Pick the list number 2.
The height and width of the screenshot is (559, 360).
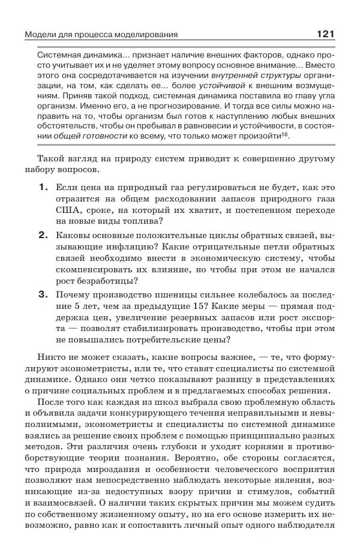tap(43, 235)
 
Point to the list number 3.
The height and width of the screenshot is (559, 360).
tap(43, 294)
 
